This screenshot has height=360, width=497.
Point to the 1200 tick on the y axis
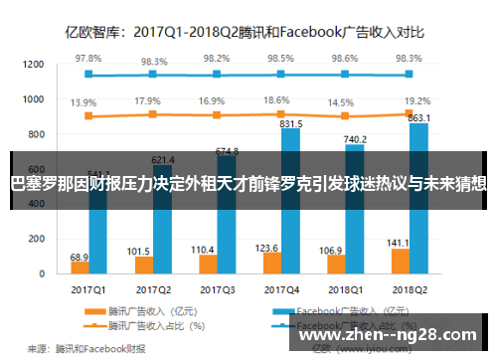tap(33, 65)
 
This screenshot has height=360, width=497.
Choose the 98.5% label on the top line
tap(280, 59)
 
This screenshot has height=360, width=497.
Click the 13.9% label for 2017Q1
tap(84, 102)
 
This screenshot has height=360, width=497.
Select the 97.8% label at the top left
tap(89, 59)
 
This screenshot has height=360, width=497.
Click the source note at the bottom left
tap(85, 347)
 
